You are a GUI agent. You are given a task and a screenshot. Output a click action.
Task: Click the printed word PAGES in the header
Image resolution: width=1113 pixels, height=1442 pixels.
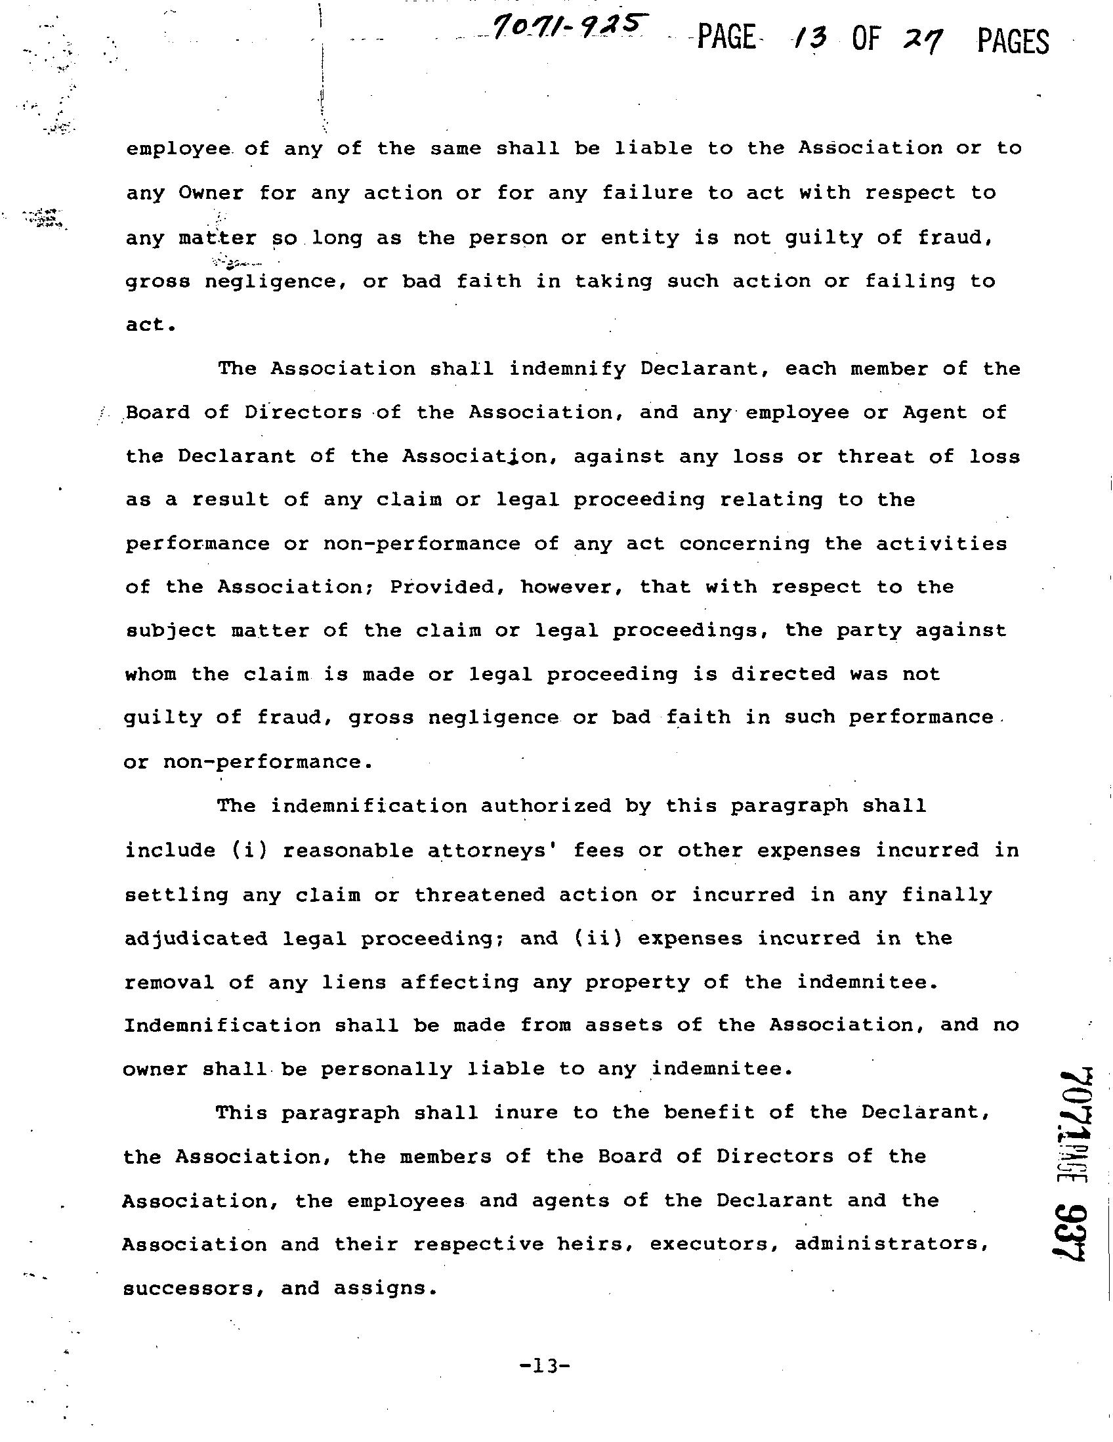[x=1012, y=41]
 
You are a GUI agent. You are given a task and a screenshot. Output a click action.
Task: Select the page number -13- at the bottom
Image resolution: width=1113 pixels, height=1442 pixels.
[x=544, y=1365]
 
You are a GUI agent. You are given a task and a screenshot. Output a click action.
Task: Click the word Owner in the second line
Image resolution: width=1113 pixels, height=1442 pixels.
[x=211, y=193]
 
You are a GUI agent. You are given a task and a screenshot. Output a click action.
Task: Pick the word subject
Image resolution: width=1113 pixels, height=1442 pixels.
[x=171, y=631]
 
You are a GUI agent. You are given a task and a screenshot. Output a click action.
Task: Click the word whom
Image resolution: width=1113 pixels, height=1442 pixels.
[x=150, y=674]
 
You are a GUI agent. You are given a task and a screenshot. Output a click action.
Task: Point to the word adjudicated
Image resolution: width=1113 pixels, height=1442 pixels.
[x=196, y=938]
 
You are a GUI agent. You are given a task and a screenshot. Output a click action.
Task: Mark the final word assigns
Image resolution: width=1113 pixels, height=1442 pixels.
[x=385, y=1288]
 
